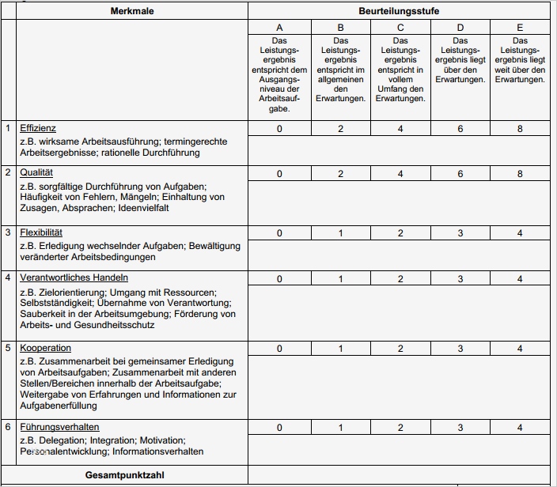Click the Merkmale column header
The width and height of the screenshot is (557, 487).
[131, 11]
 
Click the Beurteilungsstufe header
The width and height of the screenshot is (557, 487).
[400, 11]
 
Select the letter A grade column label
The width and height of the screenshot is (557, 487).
[279, 28]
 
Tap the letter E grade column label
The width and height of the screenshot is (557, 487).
[520, 28]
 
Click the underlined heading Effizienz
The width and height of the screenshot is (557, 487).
[38, 128]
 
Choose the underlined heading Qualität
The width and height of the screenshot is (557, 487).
[36, 172]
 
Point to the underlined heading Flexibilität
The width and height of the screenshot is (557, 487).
[41, 232]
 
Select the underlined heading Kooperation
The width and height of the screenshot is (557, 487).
[45, 348]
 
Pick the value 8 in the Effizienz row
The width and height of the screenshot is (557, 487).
[520, 129]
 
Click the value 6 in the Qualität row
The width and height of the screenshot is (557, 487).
[460, 173]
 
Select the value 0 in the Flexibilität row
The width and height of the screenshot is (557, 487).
[279, 233]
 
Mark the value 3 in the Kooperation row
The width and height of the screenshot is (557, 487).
[460, 349]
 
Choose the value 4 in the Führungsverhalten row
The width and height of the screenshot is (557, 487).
[520, 428]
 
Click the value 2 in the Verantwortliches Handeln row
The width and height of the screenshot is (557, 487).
[400, 278]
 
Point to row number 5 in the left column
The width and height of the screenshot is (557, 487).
[9, 348]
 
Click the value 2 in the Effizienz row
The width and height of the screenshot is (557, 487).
[340, 129]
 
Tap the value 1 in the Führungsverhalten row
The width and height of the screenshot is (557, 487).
[340, 428]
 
